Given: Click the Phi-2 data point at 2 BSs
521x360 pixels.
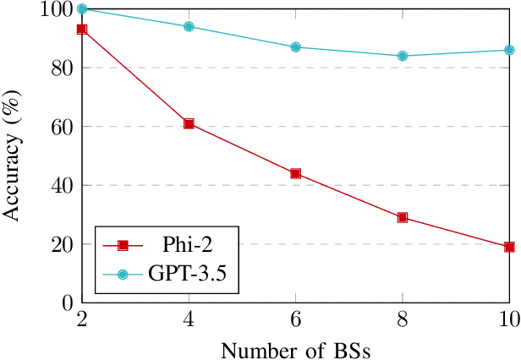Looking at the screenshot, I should coord(82,30).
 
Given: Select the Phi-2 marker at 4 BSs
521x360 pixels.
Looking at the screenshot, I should coord(189,123).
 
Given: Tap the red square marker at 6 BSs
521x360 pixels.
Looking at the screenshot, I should coord(295,173).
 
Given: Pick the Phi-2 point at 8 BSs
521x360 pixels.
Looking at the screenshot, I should coord(403,217).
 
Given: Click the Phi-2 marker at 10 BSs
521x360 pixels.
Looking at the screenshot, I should coord(509,247).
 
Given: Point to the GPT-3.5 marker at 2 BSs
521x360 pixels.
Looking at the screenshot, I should coord(82,9).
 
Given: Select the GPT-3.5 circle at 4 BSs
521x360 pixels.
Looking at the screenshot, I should coord(189,26).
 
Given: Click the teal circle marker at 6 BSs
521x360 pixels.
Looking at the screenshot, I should coord(295,47).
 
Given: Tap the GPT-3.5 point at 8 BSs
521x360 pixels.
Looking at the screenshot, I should coord(403,56).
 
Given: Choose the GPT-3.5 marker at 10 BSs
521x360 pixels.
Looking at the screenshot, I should coord(509,50).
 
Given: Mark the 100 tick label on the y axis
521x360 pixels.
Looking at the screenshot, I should coord(56,9).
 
